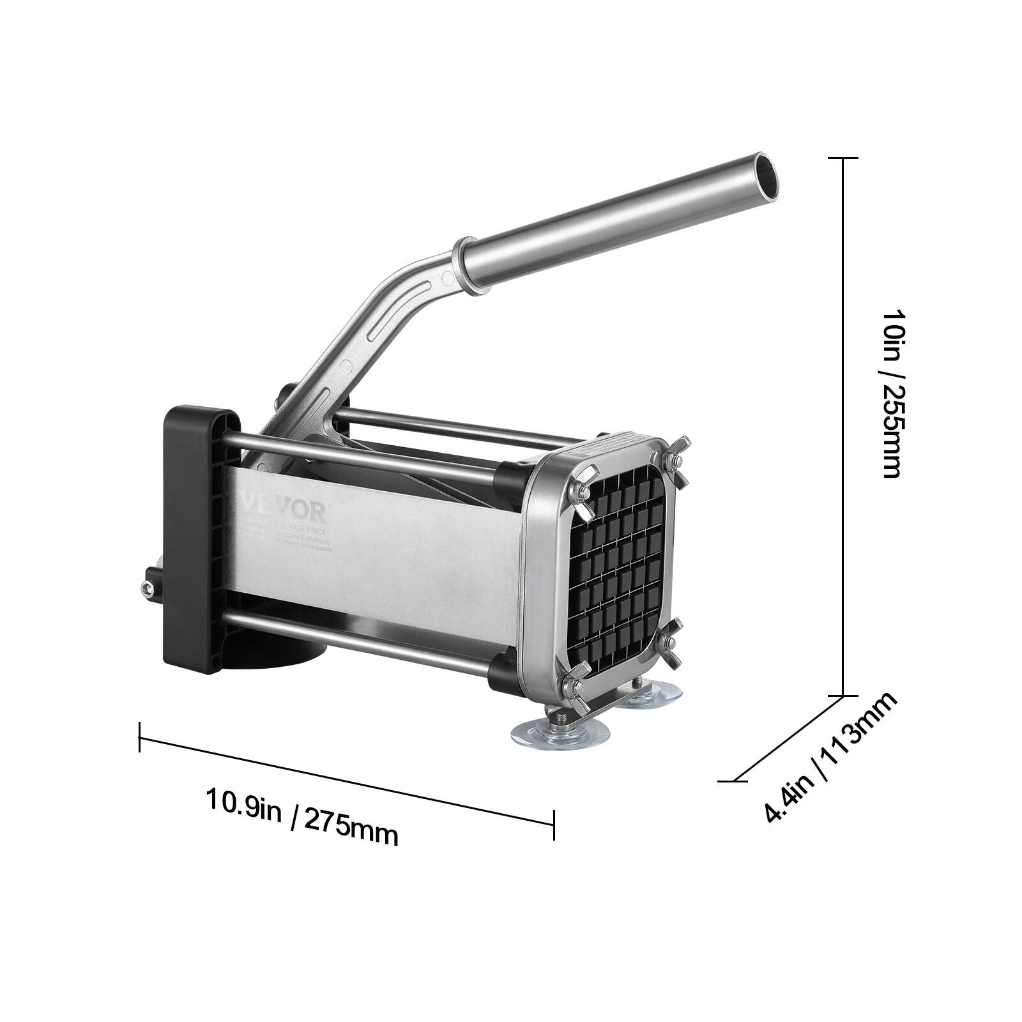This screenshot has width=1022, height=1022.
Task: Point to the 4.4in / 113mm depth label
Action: pos(830,758)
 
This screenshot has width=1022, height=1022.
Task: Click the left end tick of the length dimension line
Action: pos(139,736)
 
